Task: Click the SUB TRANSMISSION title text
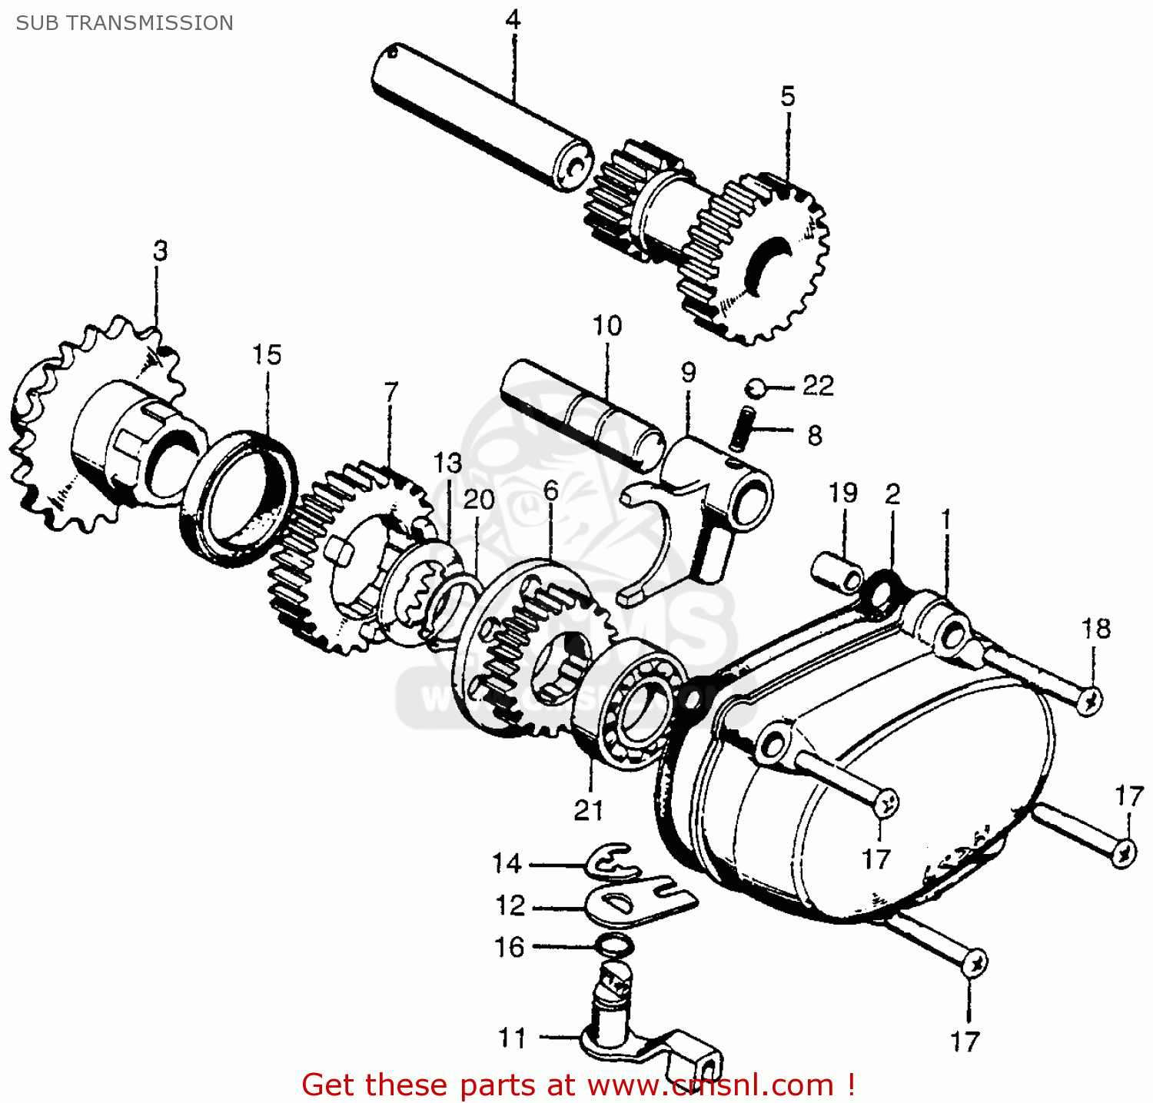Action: tap(125, 23)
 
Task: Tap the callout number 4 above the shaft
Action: tap(513, 19)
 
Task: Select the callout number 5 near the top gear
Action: tap(788, 97)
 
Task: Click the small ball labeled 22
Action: tap(756, 387)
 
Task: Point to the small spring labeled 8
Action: tap(745, 429)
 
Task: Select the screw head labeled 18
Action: tap(1088, 701)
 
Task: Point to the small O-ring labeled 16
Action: tap(616, 945)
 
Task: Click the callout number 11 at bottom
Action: tap(512, 1038)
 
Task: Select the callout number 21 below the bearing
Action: tap(588, 810)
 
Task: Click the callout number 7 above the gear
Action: tap(391, 392)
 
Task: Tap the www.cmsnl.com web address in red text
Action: tap(710, 1085)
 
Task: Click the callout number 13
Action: tap(447, 463)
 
